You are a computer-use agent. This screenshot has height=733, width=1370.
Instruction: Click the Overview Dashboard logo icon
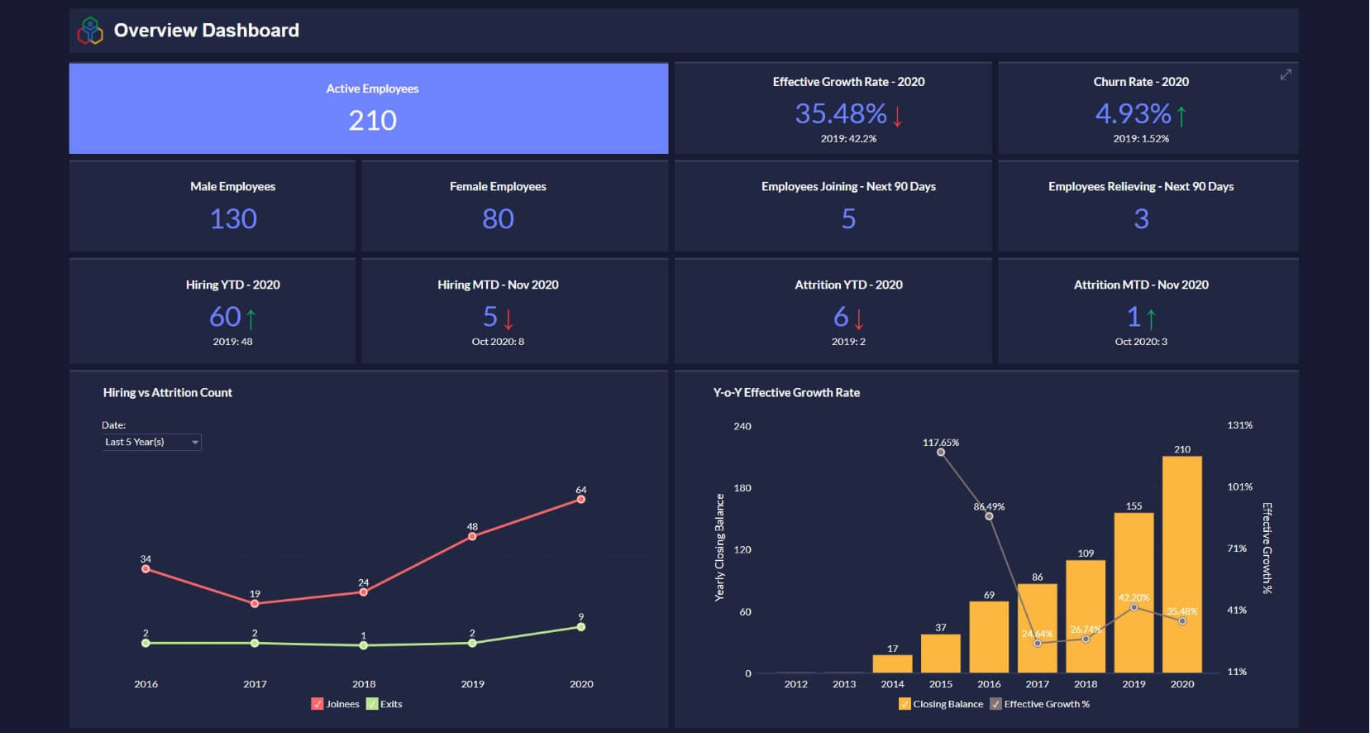pyautogui.click(x=90, y=31)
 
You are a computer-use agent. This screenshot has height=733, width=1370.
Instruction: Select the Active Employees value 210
pyautogui.click(x=372, y=121)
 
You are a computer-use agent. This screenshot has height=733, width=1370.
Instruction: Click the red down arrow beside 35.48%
pyautogui.click(x=898, y=115)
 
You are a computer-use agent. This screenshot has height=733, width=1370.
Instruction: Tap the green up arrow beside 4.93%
pyautogui.click(x=1181, y=115)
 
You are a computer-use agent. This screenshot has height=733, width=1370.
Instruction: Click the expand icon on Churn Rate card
pyautogui.click(x=1286, y=74)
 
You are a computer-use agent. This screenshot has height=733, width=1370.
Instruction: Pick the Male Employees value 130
pyautogui.click(x=233, y=219)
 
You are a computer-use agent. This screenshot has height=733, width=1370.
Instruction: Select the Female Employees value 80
pyautogui.click(x=498, y=219)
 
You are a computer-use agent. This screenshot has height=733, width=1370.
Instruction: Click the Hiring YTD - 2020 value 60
pyautogui.click(x=225, y=317)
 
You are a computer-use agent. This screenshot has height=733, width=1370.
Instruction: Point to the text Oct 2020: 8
pyautogui.click(x=498, y=342)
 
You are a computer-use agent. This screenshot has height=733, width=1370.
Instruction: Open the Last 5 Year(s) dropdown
pyautogui.click(x=151, y=443)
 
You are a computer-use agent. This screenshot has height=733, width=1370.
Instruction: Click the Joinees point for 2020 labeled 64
pyautogui.click(x=581, y=499)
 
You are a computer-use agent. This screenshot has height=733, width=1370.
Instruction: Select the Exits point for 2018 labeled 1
pyautogui.click(x=364, y=645)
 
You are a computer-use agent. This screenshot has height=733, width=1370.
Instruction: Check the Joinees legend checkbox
pyautogui.click(x=317, y=704)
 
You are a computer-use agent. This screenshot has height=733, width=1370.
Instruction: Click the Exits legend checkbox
pyautogui.click(x=372, y=704)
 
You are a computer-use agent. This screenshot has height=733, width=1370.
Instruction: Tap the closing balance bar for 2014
pyautogui.click(x=892, y=664)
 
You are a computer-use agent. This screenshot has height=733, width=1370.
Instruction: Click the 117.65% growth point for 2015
pyautogui.click(x=941, y=452)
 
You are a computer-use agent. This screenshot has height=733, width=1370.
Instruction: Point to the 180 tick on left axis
pyautogui.click(x=742, y=488)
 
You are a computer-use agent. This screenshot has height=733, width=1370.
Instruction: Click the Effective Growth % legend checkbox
pyautogui.click(x=995, y=704)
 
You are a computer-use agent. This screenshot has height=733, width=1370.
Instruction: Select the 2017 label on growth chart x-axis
pyautogui.click(x=1037, y=684)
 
